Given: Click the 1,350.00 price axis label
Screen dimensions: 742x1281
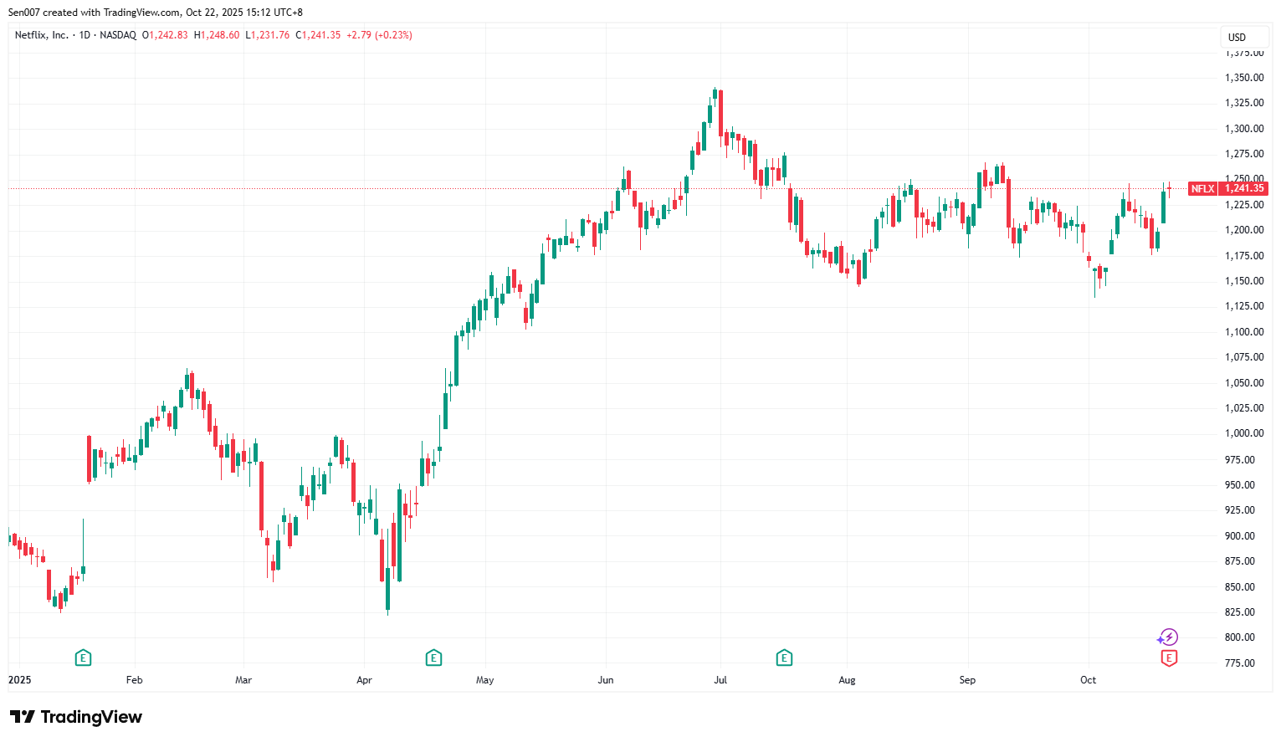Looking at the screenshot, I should click(1243, 78).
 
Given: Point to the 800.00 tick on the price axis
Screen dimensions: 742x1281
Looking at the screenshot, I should click(1243, 637).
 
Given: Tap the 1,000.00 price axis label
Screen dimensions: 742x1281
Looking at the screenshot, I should click(1243, 433).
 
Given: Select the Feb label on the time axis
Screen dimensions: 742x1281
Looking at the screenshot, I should click(134, 680).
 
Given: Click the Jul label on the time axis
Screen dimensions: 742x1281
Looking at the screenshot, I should click(720, 680).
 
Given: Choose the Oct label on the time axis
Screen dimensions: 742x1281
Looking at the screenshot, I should click(1088, 680).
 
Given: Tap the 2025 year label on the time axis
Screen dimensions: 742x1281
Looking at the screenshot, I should click(19, 680).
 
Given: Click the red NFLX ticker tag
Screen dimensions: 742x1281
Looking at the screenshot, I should click(1202, 189).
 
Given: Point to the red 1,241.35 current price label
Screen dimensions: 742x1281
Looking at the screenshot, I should click(1244, 189).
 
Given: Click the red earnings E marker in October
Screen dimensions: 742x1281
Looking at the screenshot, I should click(1169, 658).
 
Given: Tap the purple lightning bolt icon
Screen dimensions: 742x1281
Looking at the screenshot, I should click(1168, 638).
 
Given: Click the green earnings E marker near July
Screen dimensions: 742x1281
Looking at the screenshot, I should click(784, 658).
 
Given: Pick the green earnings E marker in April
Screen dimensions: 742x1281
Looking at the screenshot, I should click(433, 658).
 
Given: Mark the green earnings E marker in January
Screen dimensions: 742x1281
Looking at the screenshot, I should click(83, 658).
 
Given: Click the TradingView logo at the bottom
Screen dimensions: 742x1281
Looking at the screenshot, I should click(76, 717).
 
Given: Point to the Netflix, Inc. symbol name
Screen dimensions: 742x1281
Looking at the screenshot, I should click(42, 35).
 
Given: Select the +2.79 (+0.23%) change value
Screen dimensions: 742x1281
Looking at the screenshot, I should click(379, 35).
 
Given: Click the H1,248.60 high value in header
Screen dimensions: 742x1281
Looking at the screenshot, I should click(217, 35).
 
